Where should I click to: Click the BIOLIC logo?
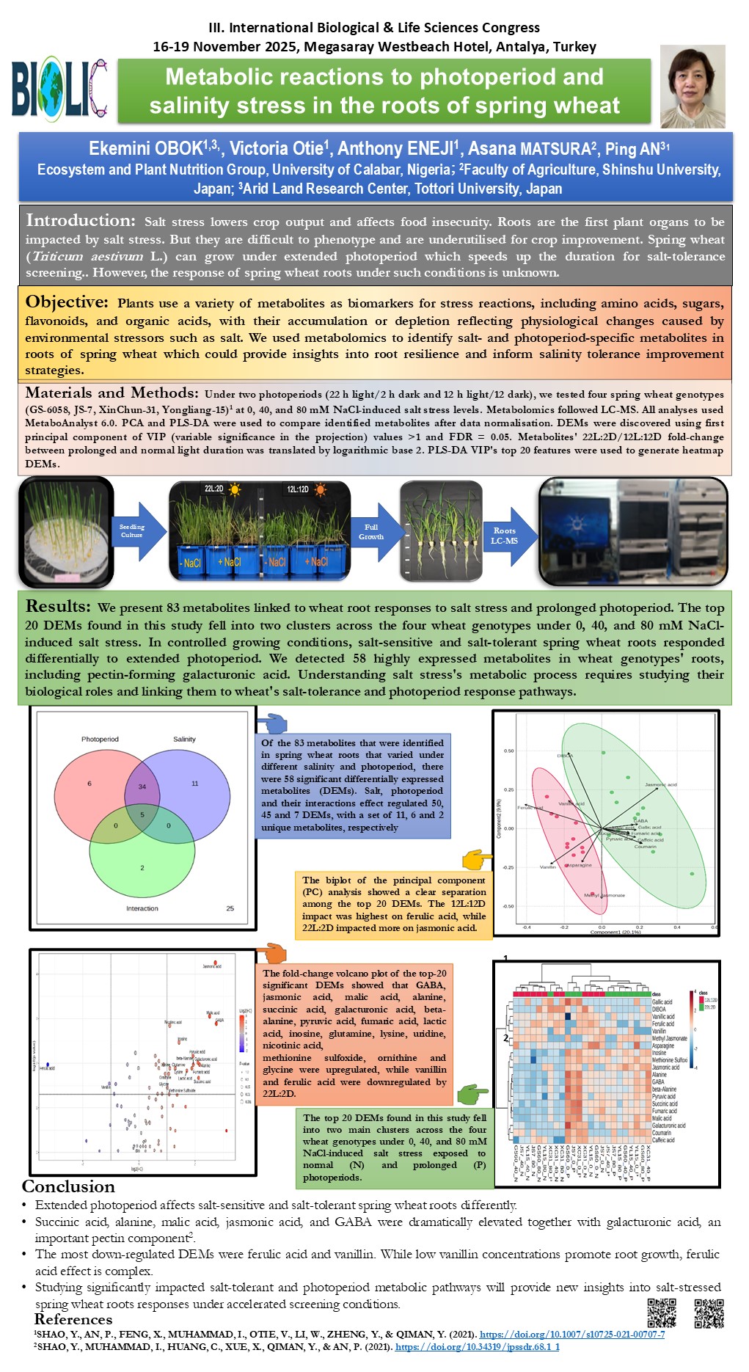[x=59, y=90]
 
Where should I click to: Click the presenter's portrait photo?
[x=692, y=87]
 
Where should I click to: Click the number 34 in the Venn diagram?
[x=142, y=787]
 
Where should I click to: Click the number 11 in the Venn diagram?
[x=195, y=784]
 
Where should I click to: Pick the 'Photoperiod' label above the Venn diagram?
[x=100, y=739]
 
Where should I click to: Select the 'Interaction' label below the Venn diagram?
[x=142, y=908]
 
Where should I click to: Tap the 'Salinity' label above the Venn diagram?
[x=184, y=739]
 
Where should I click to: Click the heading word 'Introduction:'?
[x=81, y=220]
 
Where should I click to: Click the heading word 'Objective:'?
[x=67, y=302]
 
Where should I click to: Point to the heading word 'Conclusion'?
[x=68, y=1186]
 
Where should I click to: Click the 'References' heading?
[x=73, y=1319]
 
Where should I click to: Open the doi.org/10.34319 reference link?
[x=477, y=1347]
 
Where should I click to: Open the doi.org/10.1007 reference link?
[x=571, y=1334]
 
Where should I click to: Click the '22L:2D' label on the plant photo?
[x=213, y=489]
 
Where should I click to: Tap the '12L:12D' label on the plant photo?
[x=297, y=489]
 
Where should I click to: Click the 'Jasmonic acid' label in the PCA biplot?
[x=660, y=784]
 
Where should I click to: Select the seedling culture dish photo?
[x=66, y=532]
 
